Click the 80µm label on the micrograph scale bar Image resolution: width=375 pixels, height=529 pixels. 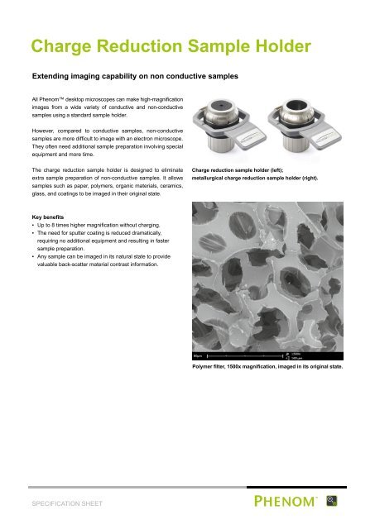(196, 357)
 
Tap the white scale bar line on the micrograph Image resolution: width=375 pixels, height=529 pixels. (245, 357)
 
